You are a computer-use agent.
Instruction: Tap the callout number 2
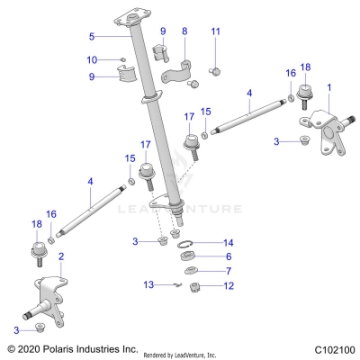(60, 256)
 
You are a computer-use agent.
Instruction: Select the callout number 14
(228, 243)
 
